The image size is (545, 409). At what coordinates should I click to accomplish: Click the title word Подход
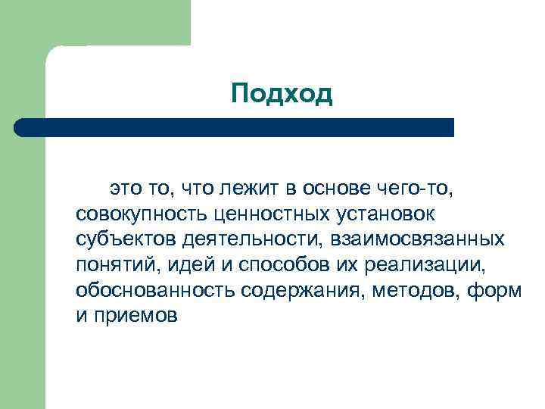pyautogui.click(x=282, y=95)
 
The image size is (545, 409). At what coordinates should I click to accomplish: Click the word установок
pyautogui.click(x=394, y=214)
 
